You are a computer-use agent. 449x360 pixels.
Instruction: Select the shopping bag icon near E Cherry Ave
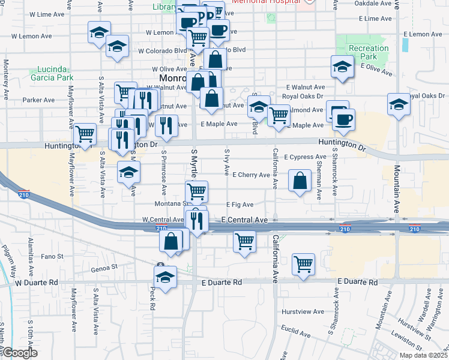click(x=300, y=180)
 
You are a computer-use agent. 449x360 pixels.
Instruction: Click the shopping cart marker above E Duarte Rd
click(x=304, y=263)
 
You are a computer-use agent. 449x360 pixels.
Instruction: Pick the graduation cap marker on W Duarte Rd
click(x=165, y=277)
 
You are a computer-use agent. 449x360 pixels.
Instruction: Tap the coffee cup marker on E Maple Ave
click(x=343, y=119)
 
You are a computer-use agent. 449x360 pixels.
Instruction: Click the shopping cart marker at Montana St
click(x=196, y=191)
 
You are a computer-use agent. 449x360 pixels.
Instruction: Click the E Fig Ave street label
click(x=240, y=205)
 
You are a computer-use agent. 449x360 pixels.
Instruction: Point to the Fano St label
click(x=52, y=256)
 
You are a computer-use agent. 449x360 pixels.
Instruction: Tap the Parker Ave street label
click(x=38, y=100)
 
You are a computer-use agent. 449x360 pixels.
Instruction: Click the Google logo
click(x=20, y=353)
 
